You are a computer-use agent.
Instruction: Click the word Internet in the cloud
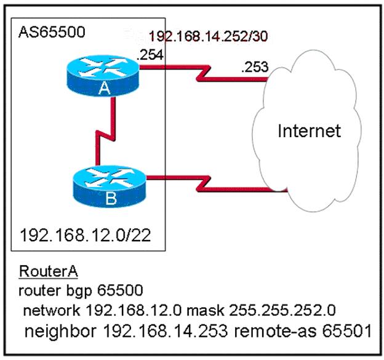(309, 130)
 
